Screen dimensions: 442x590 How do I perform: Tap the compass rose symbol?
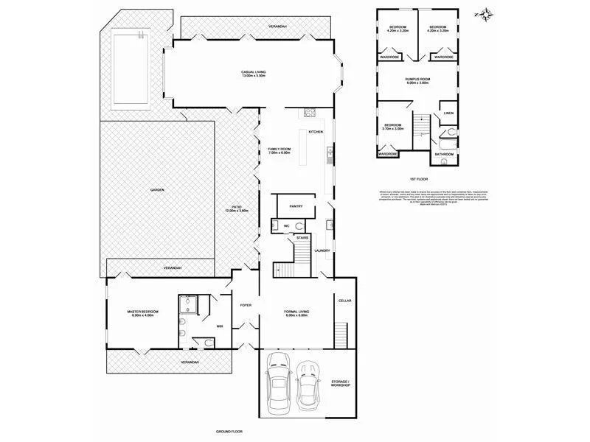485,13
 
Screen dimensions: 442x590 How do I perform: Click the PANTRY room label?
297,206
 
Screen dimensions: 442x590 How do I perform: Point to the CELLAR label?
344,301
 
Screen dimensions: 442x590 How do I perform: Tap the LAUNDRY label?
322,250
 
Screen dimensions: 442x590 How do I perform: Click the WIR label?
220,325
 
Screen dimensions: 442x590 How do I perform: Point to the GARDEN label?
157,190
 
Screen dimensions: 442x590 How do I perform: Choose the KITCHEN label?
316,132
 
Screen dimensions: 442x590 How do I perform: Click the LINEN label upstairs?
448,113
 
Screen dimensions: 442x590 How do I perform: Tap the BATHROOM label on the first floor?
443,154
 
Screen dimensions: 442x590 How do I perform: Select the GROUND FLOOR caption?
229,431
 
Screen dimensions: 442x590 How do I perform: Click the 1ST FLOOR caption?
418,179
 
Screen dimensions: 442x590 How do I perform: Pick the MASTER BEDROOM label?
140,313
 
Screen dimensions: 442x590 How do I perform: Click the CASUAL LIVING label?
253,71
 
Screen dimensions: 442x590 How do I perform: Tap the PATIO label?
237,208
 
